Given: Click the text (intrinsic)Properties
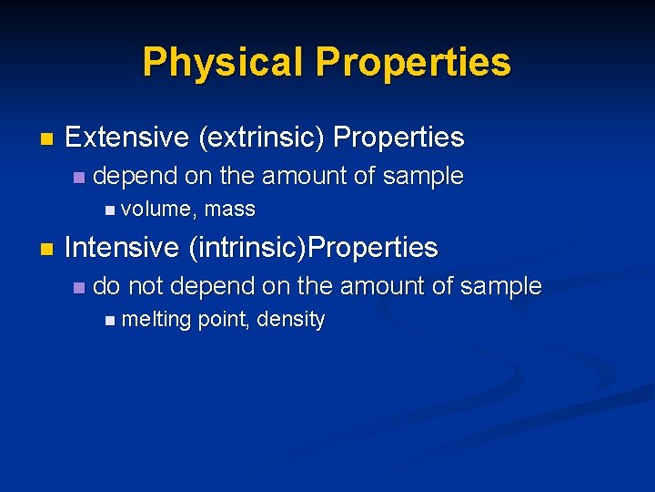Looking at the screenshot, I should click(313, 247).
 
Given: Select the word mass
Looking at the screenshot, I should click(230, 210).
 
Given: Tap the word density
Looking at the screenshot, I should click(291, 320).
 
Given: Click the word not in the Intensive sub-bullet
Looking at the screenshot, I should click(146, 286).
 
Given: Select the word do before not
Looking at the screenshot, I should click(106, 286).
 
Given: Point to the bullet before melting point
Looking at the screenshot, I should click(110, 321).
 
